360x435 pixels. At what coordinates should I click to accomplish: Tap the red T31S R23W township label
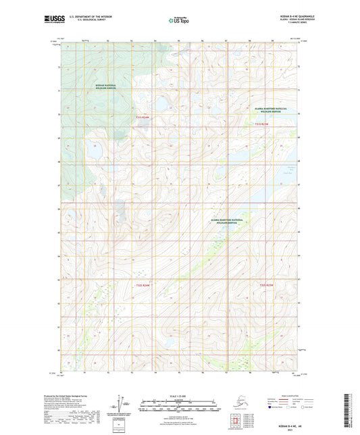(261, 124)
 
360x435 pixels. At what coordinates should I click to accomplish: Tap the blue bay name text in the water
(290, 170)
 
